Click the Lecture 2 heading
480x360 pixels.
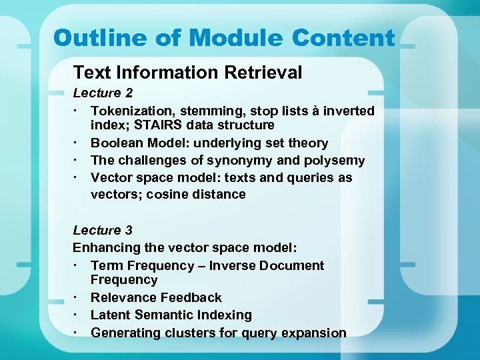[97, 93]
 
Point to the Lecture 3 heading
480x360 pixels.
[103, 230]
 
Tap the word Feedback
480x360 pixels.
[193, 297]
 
